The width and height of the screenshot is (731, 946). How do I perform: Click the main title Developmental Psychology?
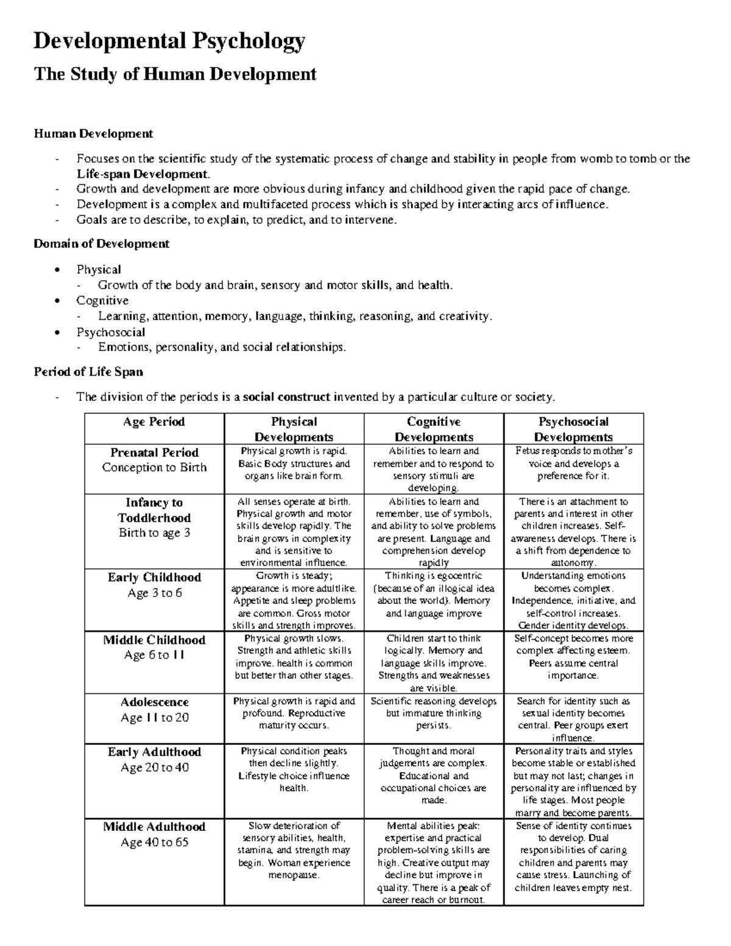point(169,41)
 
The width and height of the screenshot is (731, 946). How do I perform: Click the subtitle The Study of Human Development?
point(175,74)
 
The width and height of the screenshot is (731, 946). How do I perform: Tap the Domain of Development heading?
point(101,244)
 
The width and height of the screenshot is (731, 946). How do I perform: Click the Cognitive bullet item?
point(102,300)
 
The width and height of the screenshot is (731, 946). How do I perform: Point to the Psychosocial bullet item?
point(110,332)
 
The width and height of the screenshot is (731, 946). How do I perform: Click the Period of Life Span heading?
point(88,372)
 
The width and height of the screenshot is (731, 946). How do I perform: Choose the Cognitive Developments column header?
point(434,429)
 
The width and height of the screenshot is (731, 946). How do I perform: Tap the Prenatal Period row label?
point(154,453)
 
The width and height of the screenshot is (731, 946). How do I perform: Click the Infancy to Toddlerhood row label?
point(154,510)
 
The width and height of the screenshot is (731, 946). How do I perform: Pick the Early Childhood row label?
point(154,577)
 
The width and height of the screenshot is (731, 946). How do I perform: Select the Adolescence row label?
point(154,702)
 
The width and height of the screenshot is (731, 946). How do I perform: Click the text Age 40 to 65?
point(154,842)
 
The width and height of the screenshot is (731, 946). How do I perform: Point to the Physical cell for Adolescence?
point(294,713)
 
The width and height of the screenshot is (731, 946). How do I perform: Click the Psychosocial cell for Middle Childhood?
point(573,657)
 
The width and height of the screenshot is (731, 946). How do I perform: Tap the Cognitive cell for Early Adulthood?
point(433,775)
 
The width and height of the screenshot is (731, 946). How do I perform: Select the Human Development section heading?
point(93,133)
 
